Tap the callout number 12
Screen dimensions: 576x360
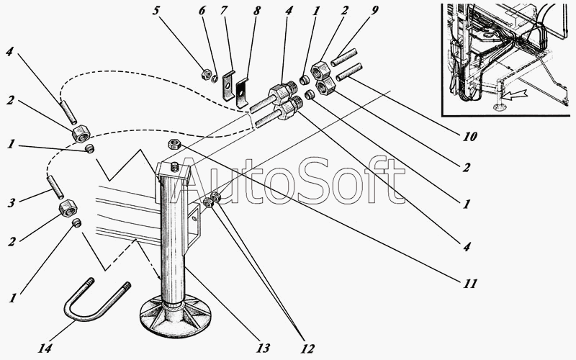[308, 349]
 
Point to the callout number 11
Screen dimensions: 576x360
[469, 284]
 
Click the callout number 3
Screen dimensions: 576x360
[11, 202]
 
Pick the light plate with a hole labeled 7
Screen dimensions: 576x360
[227, 84]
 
